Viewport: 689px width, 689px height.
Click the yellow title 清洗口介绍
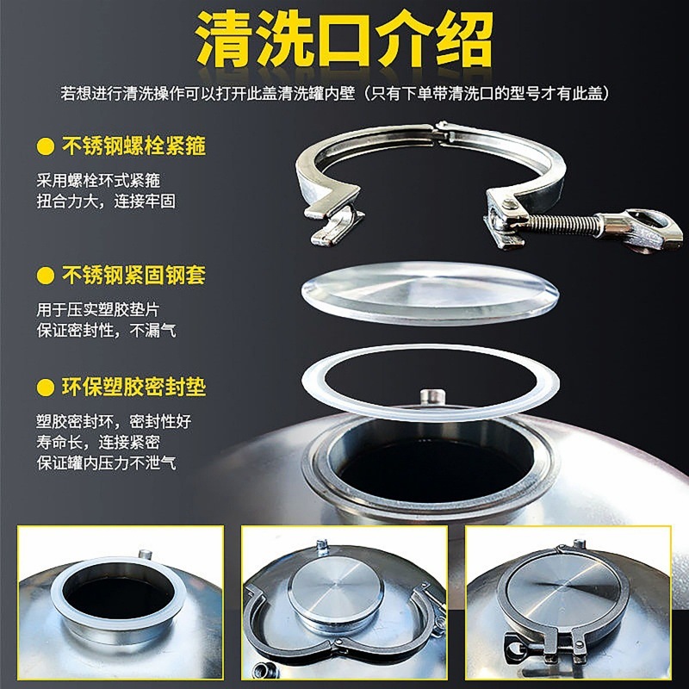(x=344, y=39)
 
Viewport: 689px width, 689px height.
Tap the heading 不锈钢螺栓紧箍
(x=133, y=146)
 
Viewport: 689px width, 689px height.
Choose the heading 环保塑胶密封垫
(x=133, y=386)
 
